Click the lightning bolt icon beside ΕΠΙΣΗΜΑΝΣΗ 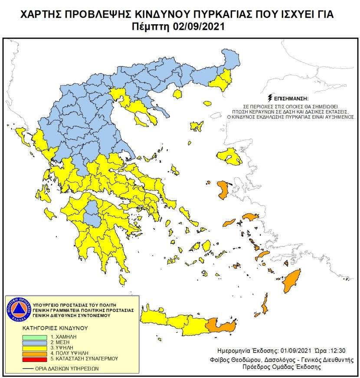[x=272, y=98]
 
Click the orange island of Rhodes [x=292, y=281]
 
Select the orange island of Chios [x=224, y=189]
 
